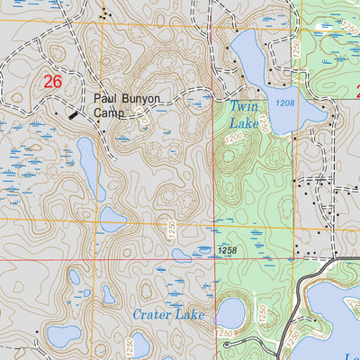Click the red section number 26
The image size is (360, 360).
[x=51, y=83]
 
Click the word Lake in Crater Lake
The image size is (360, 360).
[x=191, y=315]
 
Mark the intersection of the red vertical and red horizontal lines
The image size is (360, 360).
[x=213, y=259]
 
